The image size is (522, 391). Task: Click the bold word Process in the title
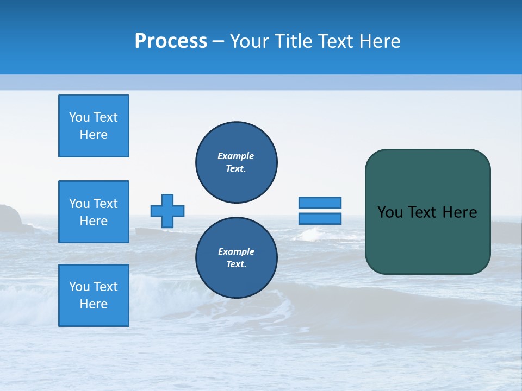[x=171, y=41]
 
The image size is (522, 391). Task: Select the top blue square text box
[x=94, y=126]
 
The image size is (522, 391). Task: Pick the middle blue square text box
[x=94, y=212]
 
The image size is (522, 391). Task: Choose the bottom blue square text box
[x=94, y=295]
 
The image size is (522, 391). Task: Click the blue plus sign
[x=167, y=211]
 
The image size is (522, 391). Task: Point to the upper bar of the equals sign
[x=320, y=203]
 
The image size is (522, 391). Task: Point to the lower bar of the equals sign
[x=320, y=219]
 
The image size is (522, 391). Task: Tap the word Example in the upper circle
[x=236, y=156]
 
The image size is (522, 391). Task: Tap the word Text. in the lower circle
[x=236, y=264]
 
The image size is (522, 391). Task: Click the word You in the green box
[x=389, y=212]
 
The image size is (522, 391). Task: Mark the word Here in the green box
[x=459, y=212]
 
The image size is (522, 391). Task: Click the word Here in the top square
[x=94, y=135]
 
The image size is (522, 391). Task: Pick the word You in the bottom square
[x=79, y=287]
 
